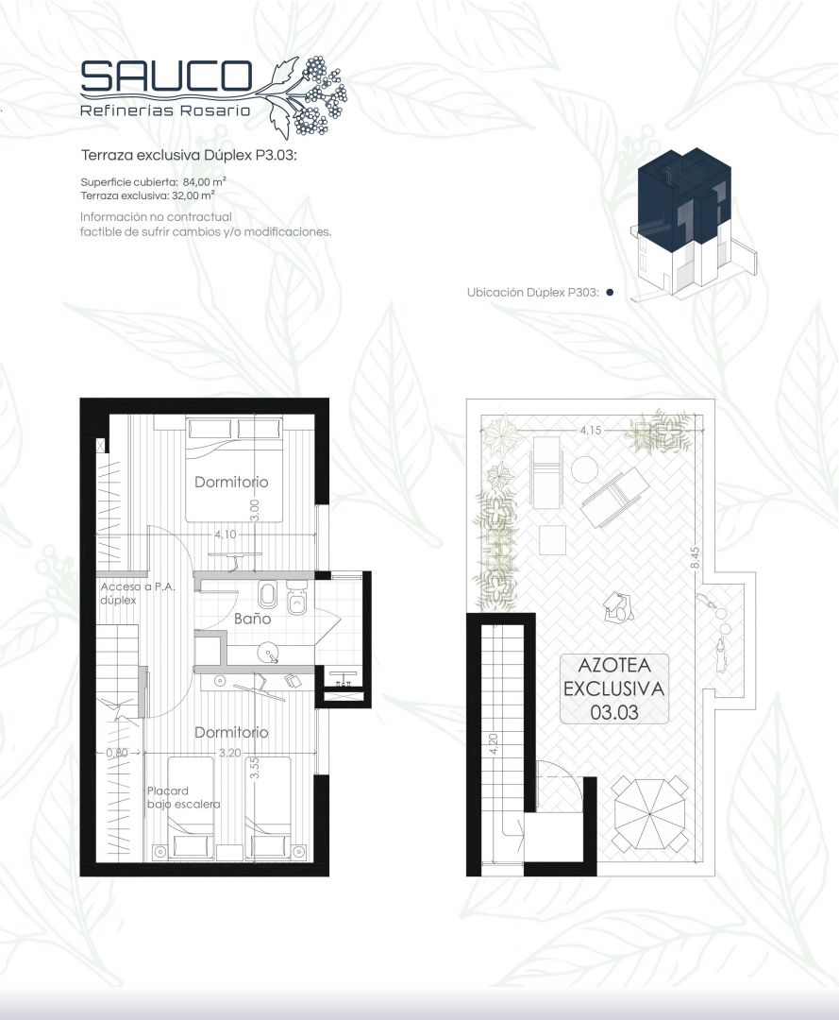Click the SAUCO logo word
[166, 76]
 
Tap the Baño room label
[252, 619]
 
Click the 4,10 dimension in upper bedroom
[226, 534]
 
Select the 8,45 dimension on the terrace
[695, 557]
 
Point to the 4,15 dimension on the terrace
[590, 430]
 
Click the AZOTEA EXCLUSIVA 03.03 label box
[614, 688]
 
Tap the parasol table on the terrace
[650, 813]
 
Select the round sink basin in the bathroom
[268, 652]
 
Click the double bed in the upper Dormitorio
[234, 469]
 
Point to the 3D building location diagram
[694, 225]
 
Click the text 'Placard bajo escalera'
[183, 797]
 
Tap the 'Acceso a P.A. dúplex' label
[137, 593]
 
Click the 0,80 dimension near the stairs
[117, 753]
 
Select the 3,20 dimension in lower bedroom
[230, 753]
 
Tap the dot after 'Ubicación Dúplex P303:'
[610, 293]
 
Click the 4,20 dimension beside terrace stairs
[493, 745]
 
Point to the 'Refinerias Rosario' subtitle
[165, 110]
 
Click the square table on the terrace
[552, 540]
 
